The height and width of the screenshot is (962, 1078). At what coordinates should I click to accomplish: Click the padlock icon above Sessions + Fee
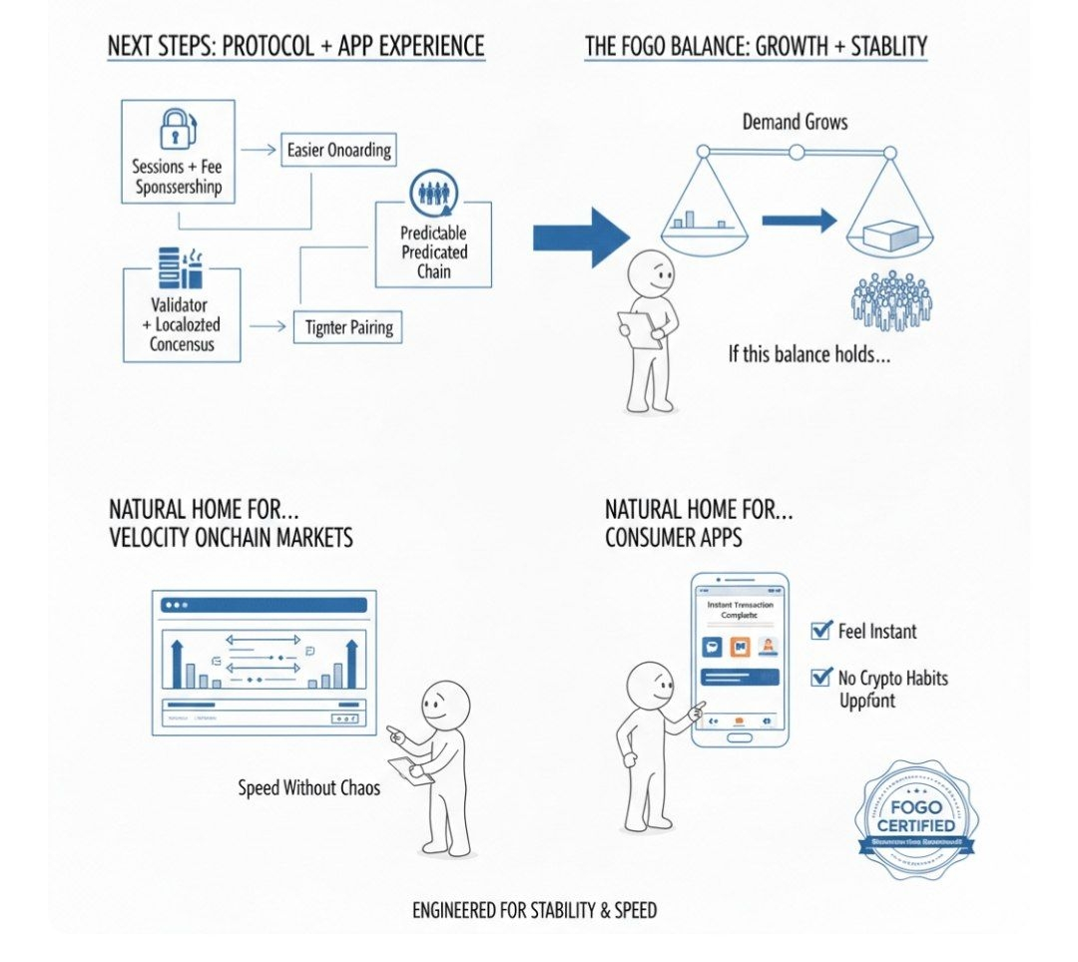pyautogui.click(x=176, y=128)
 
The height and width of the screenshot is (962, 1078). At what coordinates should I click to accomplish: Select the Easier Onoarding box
pyautogui.click(x=338, y=150)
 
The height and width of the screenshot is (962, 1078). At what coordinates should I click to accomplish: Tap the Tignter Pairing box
pyautogui.click(x=347, y=326)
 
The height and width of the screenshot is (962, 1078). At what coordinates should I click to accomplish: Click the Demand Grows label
pyautogui.click(x=795, y=122)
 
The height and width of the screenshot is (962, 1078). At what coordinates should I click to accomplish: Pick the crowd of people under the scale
pyautogui.click(x=891, y=299)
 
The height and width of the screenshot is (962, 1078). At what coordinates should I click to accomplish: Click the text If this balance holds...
pyautogui.click(x=808, y=353)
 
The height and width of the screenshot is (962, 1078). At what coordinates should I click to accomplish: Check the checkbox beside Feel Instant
pyautogui.click(x=821, y=630)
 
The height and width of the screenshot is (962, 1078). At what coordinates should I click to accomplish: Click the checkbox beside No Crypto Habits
pyautogui.click(x=821, y=678)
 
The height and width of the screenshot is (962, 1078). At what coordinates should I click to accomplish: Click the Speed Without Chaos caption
pyautogui.click(x=309, y=787)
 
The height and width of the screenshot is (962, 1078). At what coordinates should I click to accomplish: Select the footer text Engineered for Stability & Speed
pyautogui.click(x=535, y=910)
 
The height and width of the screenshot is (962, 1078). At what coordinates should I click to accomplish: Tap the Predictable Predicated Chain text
pyautogui.click(x=433, y=250)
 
